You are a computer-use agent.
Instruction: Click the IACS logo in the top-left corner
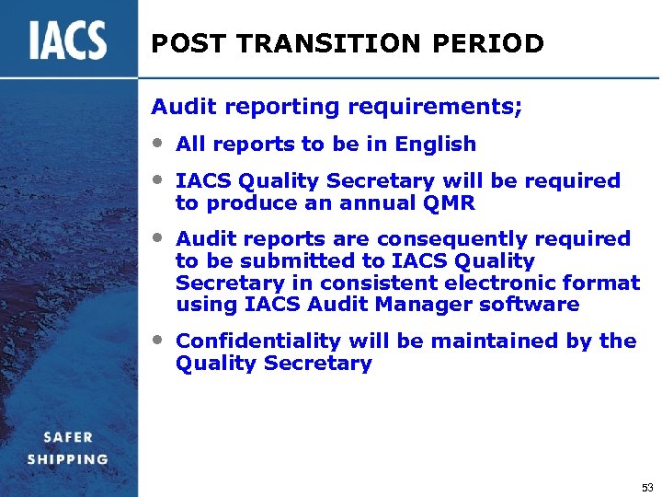[67, 40]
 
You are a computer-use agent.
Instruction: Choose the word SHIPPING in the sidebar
[67, 458]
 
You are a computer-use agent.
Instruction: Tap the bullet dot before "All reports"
[159, 143]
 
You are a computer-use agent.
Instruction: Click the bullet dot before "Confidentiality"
[159, 340]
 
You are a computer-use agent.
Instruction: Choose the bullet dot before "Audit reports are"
[159, 237]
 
